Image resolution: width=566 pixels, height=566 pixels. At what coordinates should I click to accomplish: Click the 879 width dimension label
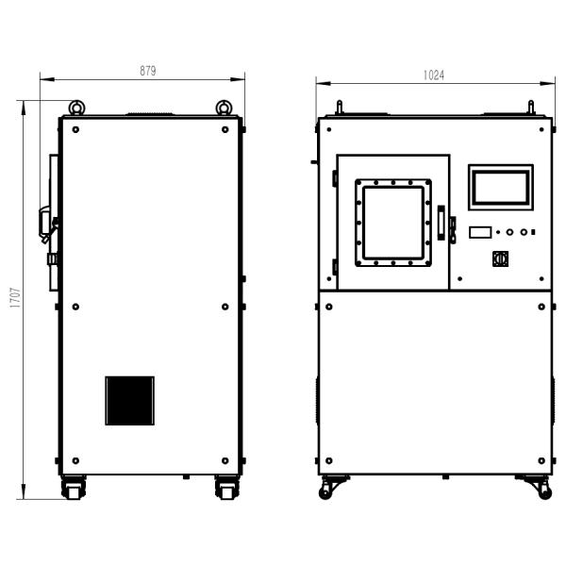coord(148,71)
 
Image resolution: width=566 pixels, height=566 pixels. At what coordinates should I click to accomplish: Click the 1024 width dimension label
coord(434,75)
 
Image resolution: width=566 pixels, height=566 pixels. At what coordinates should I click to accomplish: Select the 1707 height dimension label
coord(15,298)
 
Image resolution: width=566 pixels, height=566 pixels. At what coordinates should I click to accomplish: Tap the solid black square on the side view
coord(130,401)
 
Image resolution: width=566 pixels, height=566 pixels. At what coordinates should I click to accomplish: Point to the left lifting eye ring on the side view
coord(76,108)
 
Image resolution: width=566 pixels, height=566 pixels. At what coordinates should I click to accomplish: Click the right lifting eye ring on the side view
coord(224,108)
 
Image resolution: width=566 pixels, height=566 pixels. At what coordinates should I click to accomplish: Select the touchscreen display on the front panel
coord(501,188)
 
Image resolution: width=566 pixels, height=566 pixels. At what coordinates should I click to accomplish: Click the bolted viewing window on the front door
coord(393,223)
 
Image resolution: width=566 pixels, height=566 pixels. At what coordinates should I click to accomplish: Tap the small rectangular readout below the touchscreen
coord(480,232)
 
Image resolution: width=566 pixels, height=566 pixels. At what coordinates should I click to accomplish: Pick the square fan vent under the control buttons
coord(501,258)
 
